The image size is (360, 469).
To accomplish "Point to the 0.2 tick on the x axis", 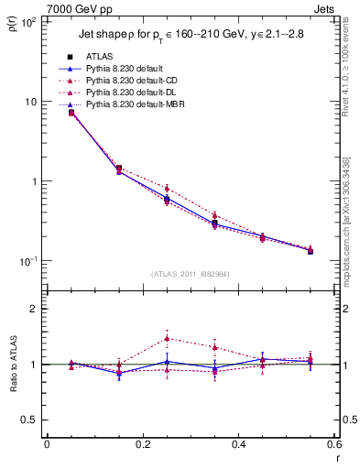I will click(x=142, y=444).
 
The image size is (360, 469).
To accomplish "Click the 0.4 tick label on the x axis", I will click(x=238, y=444).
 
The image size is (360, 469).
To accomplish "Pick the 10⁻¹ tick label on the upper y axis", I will click(x=27, y=261).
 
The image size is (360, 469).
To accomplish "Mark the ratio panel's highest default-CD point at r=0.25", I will click(x=167, y=338).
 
